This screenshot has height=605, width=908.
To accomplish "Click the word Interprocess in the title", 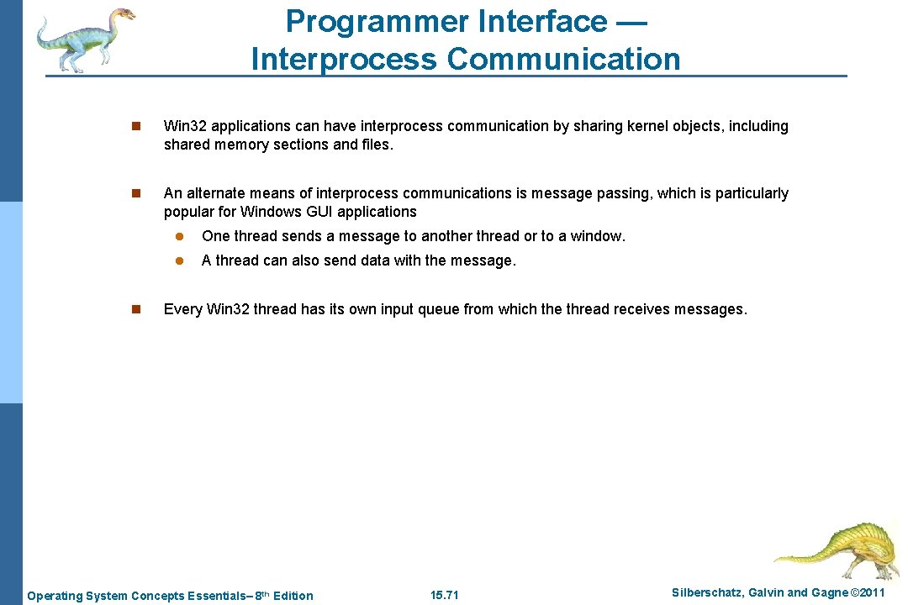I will pos(344,60).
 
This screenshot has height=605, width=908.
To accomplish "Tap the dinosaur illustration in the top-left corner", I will pos(84,39).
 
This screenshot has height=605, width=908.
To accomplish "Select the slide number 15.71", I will pos(444,596).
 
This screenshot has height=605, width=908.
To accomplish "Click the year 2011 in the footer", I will pos(868,593).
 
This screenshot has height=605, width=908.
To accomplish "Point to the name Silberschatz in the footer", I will pos(708,593).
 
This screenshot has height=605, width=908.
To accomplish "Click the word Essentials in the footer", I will pos(214,596).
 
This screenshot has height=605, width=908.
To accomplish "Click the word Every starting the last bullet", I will pos(182,309).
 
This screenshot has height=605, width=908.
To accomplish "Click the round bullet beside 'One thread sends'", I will pos(178,237).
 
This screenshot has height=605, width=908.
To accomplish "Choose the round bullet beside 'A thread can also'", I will pos(178,261).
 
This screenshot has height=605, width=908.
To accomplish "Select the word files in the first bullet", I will pos(375,145).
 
